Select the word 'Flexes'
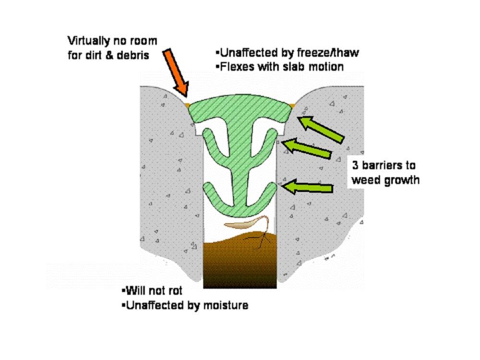click(x=236, y=66)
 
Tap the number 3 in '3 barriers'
click(x=355, y=166)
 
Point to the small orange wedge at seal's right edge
click(x=293, y=105)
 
